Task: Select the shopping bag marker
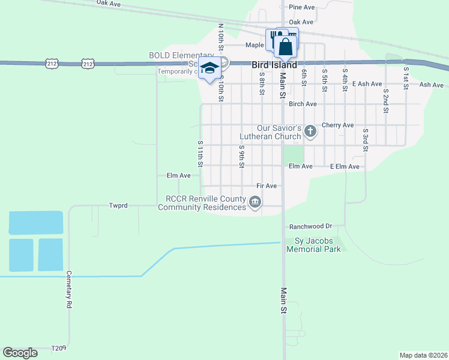point(286,46)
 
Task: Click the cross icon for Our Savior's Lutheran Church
point(310,131)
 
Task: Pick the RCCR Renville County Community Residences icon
point(255,203)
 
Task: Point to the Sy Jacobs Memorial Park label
point(318,245)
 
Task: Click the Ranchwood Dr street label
point(310,227)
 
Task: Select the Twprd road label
point(118,205)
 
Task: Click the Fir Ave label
point(266,186)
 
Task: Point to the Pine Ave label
point(301,7)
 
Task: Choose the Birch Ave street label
point(303,104)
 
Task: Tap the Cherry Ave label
point(337,125)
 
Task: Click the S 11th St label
point(200,154)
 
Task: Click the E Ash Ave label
point(367,84)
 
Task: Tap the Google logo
point(20,353)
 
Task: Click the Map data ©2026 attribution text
point(423,355)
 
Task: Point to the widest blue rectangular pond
point(36,222)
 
